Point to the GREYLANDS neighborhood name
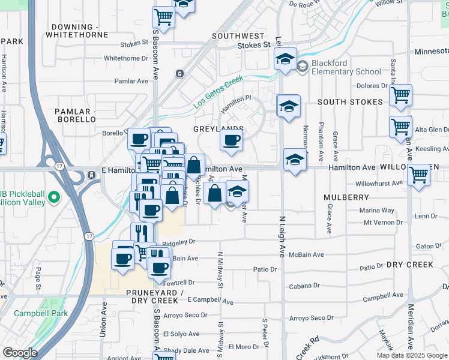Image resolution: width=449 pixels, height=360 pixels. click(218, 129)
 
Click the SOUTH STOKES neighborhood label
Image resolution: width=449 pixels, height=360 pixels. click(350, 102)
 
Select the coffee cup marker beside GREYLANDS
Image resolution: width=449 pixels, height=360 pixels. click(231, 141)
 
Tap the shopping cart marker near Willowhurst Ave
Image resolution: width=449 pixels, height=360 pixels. click(418, 175)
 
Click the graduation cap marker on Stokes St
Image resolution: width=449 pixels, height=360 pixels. click(286, 59)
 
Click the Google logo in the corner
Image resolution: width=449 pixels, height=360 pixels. click(20, 353)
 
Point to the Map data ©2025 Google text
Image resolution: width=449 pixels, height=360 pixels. click(412, 355)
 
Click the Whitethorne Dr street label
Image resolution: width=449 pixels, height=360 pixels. click(126, 58)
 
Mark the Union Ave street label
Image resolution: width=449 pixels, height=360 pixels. click(103, 319)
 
